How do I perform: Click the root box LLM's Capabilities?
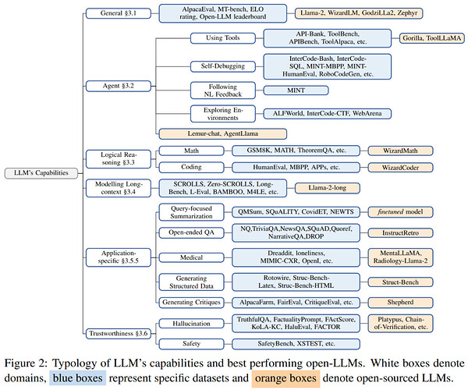[x=41, y=173]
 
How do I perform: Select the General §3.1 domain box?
[x=119, y=13]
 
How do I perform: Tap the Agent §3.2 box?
[x=119, y=86]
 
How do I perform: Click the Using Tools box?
[x=222, y=38]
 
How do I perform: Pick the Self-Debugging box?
[x=222, y=66]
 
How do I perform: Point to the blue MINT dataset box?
[x=296, y=90]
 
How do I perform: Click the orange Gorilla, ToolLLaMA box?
[x=431, y=38]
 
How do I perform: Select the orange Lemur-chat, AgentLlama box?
[x=222, y=133]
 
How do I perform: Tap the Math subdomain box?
[x=191, y=151]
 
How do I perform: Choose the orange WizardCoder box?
[x=400, y=168]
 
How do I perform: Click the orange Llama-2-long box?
[x=328, y=188]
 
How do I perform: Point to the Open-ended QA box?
[x=191, y=232]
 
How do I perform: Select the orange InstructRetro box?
[x=400, y=232]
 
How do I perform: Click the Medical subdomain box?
[x=191, y=257]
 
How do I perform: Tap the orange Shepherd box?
[x=400, y=303]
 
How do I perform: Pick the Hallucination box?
[x=191, y=324]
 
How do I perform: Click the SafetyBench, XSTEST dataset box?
[x=296, y=344]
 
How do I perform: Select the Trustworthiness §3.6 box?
[x=119, y=334]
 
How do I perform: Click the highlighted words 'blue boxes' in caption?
[x=77, y=378]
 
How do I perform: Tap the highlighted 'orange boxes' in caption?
[x=285, y=378]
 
